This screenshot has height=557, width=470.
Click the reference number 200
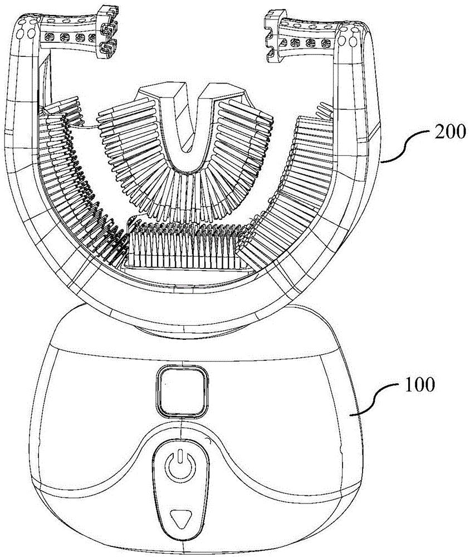point(448,133)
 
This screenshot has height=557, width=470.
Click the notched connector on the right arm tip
point(273,35)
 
